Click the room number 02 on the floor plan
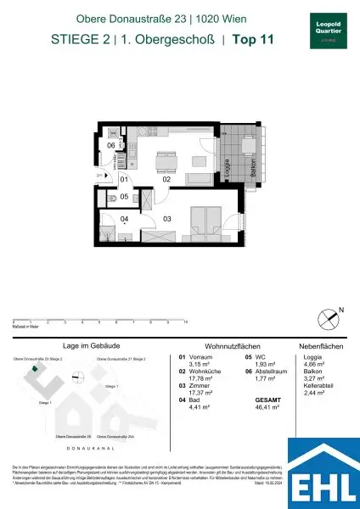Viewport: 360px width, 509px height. [x=167, y=180]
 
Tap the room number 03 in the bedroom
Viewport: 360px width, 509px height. [x=167, y=219]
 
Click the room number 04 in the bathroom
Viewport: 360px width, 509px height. [x=123, y=219]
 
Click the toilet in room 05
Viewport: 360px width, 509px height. [x=114, y=197]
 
